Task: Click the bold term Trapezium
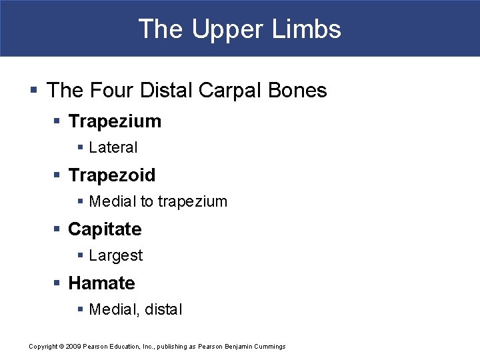tap(115, 121)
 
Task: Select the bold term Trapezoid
tap(112, 175)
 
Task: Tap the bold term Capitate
tap(105, 229)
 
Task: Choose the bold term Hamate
tap(101, 283)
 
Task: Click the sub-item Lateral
tap(113, 147)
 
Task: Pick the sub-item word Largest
tap(116, 255)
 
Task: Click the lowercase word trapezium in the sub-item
tap(193, 201)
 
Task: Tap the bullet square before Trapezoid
tap(59, 175)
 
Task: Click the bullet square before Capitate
tap(59, 229)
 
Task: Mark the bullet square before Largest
tap(80, 255)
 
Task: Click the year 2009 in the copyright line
tap(73, 346)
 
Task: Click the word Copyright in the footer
tap(43, 346)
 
